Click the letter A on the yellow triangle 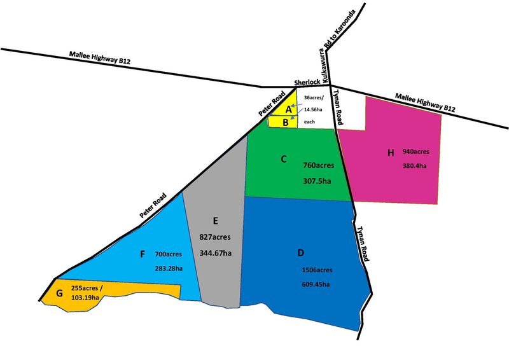tap(288, 109)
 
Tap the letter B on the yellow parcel tap(286, 122)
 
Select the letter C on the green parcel tap(284, 158)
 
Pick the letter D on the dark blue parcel tap(301, 253)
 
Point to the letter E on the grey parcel tap(216, 221)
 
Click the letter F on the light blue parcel tap(142, 254)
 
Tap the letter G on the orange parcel tap(59, 293)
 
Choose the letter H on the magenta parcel tap(391, 152)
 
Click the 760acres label tap(319, 165)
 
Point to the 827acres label tap(216, 237)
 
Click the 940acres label tap(416, 152)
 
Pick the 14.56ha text tap(316, 109)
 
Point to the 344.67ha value tap(215, 253)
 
